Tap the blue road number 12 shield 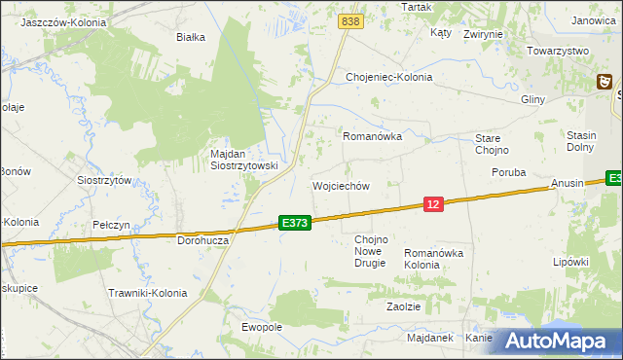434,203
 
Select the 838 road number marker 351,20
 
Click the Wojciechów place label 341,186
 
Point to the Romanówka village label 372,137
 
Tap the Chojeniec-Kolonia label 389,77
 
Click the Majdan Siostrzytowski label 244,160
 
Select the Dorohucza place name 202,239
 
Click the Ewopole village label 261,327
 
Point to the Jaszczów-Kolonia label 63,20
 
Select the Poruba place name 508,172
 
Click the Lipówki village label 571,262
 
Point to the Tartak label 417,7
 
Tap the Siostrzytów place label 104,180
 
